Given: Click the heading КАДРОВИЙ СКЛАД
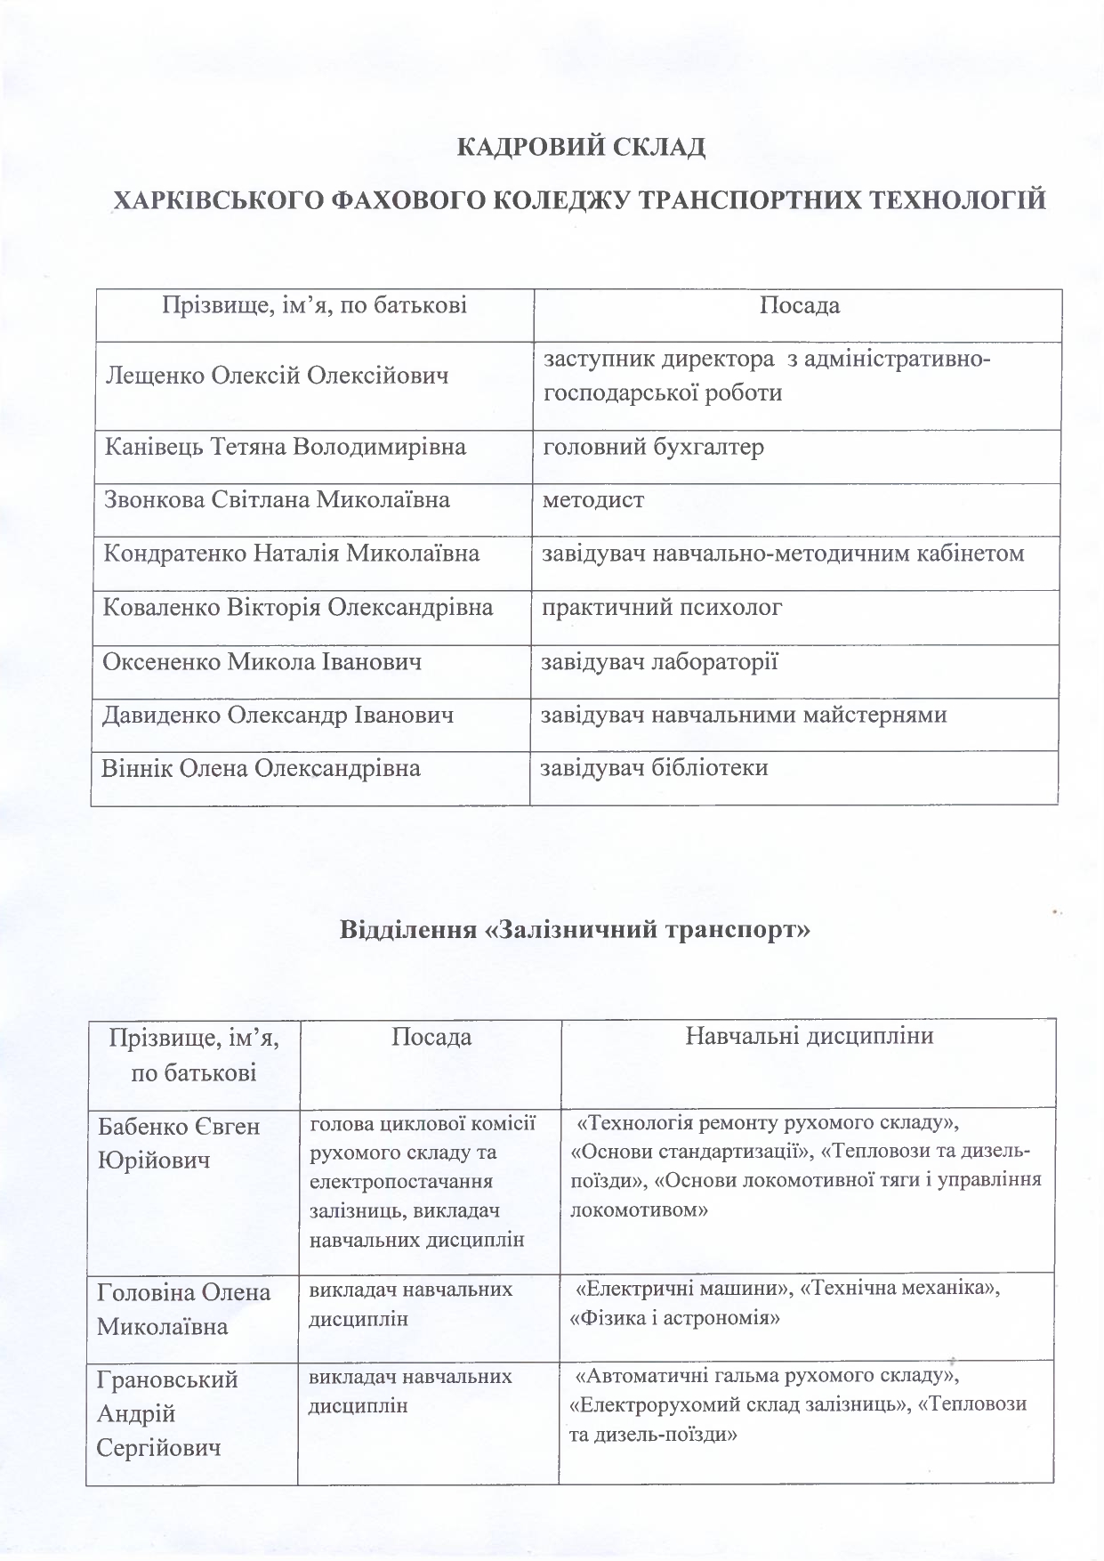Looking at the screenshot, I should [581, 147].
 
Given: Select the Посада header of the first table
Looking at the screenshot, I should [800, 306].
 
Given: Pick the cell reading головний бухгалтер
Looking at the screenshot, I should [654, 447].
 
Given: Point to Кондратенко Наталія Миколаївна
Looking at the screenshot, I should [292, 554].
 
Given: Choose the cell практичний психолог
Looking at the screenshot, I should [663, 609].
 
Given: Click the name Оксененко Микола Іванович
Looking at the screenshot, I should [262, 662].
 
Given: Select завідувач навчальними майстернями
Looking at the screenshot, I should [745, 715].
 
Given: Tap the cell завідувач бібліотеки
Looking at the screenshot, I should [655, 768].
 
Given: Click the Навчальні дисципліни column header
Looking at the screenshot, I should [809, 1036].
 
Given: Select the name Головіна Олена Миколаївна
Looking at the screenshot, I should [183, 1308].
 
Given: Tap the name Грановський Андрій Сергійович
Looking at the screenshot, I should [167, 1413].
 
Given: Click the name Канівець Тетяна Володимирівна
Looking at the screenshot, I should [286, 447].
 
